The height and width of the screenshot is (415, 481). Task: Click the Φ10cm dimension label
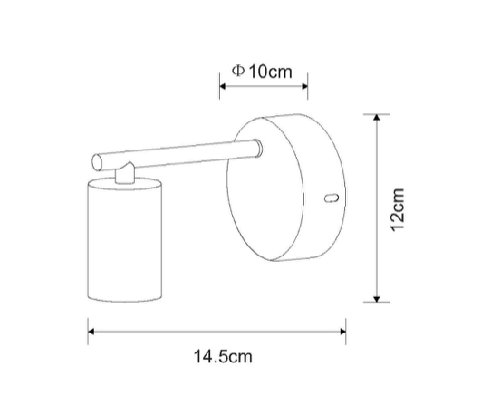(262, 72)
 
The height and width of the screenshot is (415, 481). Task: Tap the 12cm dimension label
(398, 209)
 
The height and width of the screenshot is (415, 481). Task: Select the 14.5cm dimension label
(223, 357)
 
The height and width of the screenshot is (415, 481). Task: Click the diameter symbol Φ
(238, 71)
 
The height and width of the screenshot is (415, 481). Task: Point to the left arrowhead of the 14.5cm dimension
(91, 332)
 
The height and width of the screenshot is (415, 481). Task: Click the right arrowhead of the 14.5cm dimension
(342, 332)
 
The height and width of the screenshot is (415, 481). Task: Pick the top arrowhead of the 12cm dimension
(377, 117)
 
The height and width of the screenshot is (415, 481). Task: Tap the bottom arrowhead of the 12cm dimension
(377, 299)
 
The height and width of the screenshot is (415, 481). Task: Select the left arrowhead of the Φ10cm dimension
(223, 86)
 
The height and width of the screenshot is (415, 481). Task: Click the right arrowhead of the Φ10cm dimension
(304, 86)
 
